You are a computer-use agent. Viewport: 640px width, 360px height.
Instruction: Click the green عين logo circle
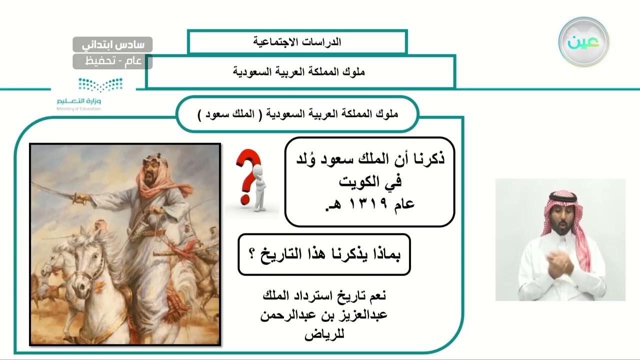[583, 42]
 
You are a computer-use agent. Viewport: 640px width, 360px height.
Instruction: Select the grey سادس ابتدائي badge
[112, 44]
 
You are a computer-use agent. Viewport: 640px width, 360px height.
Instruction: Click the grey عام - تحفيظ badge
[112, 61]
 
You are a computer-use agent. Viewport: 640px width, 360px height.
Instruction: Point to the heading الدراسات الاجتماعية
[297, 42]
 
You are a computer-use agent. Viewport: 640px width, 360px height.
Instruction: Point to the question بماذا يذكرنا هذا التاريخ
[324, 254]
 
